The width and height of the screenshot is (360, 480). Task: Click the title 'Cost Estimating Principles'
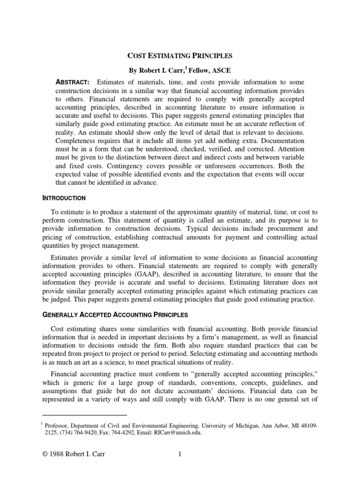[x=180, y=55]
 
